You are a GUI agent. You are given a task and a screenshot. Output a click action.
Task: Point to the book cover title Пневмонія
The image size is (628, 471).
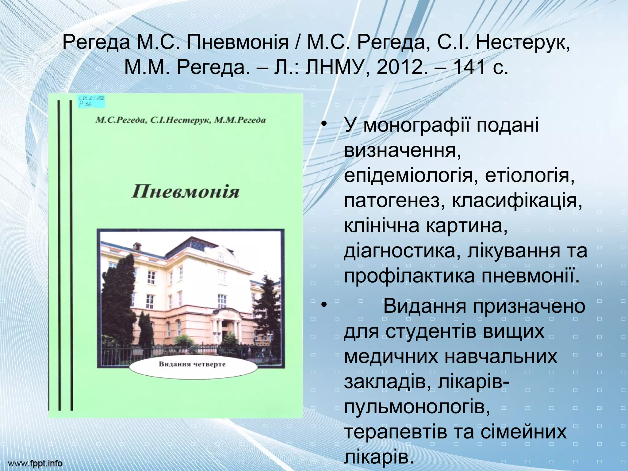(185, 192)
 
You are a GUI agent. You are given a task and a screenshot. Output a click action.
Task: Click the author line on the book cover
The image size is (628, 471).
(180, 120)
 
